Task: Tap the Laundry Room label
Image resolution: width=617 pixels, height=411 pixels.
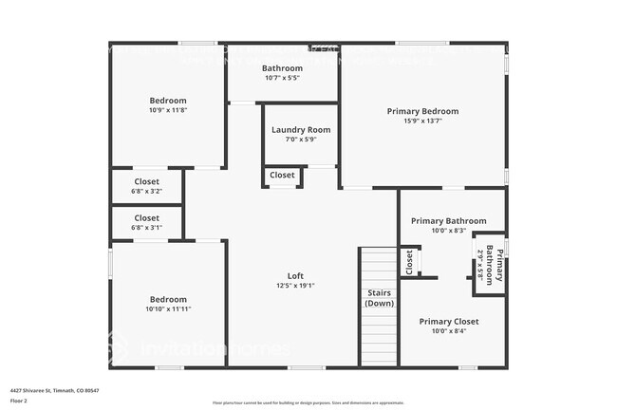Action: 301,129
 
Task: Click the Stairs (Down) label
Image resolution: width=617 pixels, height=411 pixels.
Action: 380,298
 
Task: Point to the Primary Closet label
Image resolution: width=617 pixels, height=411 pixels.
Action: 449,322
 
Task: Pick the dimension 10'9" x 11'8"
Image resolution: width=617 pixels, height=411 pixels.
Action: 168,110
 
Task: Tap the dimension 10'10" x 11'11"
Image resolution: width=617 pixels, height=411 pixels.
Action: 169,309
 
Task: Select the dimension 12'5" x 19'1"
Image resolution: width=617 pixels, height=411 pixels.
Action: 295,286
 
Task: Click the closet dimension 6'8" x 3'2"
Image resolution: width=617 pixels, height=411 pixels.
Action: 146,192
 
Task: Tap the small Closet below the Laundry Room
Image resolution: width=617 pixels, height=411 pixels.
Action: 282,176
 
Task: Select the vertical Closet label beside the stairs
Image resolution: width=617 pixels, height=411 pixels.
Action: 409,262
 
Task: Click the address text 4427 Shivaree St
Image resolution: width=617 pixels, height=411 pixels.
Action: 55,390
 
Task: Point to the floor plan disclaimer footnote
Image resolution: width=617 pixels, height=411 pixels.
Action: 308,403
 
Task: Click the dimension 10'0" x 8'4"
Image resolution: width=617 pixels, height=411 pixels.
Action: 449,332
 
